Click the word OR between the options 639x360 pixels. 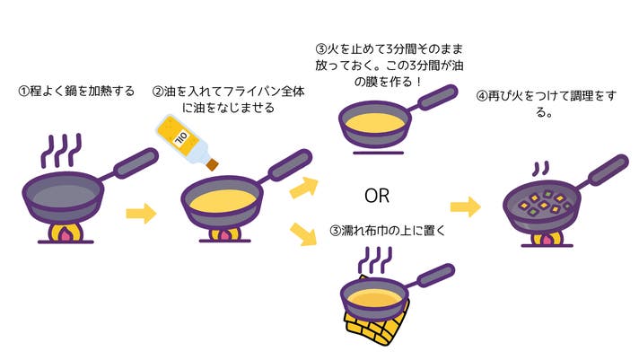tap(376, 195)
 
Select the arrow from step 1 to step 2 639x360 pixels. tap(141, 214)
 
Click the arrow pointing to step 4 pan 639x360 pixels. tap(465, 207)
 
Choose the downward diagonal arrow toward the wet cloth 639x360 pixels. tap(304, 237)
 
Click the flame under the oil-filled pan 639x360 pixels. tap(222, 236)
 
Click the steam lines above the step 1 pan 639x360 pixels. tap(62, 151)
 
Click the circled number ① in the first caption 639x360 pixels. tap(24, 91)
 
